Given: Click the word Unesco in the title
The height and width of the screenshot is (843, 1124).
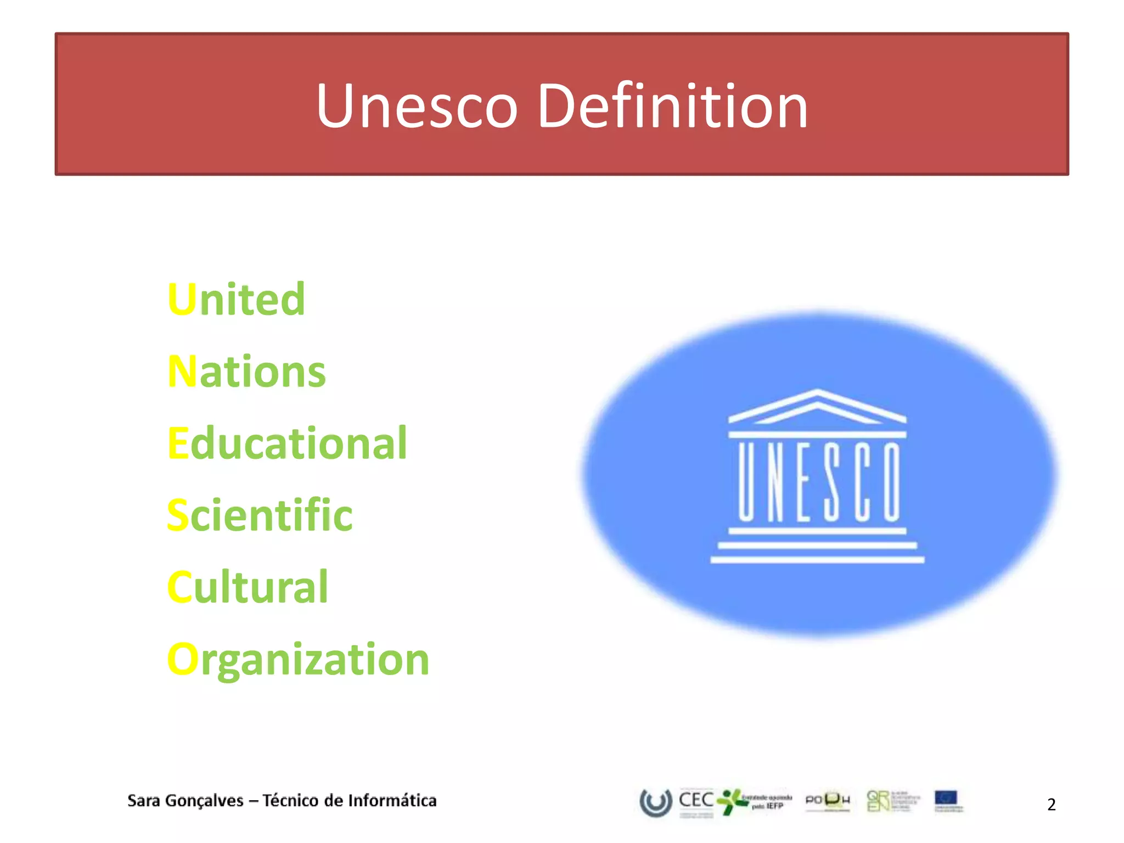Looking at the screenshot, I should (417, 106).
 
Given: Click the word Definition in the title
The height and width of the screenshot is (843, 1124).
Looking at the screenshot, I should (672, 106).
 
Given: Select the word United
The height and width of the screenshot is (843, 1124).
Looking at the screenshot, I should (236, 299).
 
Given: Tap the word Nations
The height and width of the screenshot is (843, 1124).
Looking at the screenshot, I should (246, 372).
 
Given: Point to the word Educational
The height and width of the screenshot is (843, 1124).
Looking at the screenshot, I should (287, 443).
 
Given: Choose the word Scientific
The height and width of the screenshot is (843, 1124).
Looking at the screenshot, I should (260, 515).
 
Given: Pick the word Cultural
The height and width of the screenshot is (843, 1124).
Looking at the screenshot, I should (248, 587).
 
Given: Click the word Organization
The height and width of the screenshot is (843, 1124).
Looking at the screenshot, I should (298, 660).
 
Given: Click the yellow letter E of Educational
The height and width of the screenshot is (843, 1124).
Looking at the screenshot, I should (178, 443).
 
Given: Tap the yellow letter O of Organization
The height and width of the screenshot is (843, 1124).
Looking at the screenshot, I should (182, 660).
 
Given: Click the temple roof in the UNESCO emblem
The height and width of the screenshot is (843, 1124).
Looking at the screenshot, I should (817, 407).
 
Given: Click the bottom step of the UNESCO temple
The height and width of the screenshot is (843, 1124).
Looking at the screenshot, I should (817, 560).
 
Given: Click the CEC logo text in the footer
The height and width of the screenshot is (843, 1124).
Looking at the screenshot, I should (696, 800).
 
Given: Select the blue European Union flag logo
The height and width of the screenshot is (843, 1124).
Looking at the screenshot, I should (946, 799).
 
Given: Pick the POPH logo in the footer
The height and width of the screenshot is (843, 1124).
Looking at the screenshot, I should (828, 801).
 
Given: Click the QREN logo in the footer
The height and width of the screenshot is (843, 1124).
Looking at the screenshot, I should (878, 801).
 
